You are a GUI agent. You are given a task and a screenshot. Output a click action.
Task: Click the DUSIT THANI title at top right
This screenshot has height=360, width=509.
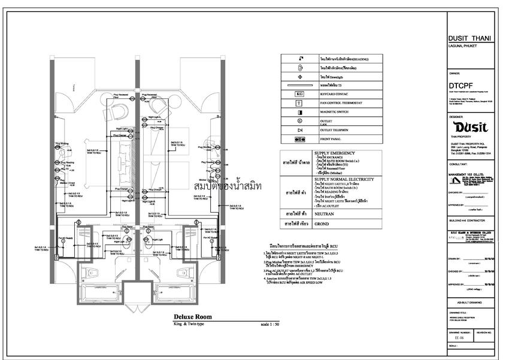[x=469, y=38]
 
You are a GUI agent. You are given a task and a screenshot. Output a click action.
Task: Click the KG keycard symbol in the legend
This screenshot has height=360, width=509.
[x=299, y=94]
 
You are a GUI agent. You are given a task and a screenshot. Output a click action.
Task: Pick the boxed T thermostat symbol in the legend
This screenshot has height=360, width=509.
[x=299, y=103]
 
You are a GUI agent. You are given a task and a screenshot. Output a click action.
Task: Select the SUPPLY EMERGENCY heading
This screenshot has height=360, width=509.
[x=335, y=153]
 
